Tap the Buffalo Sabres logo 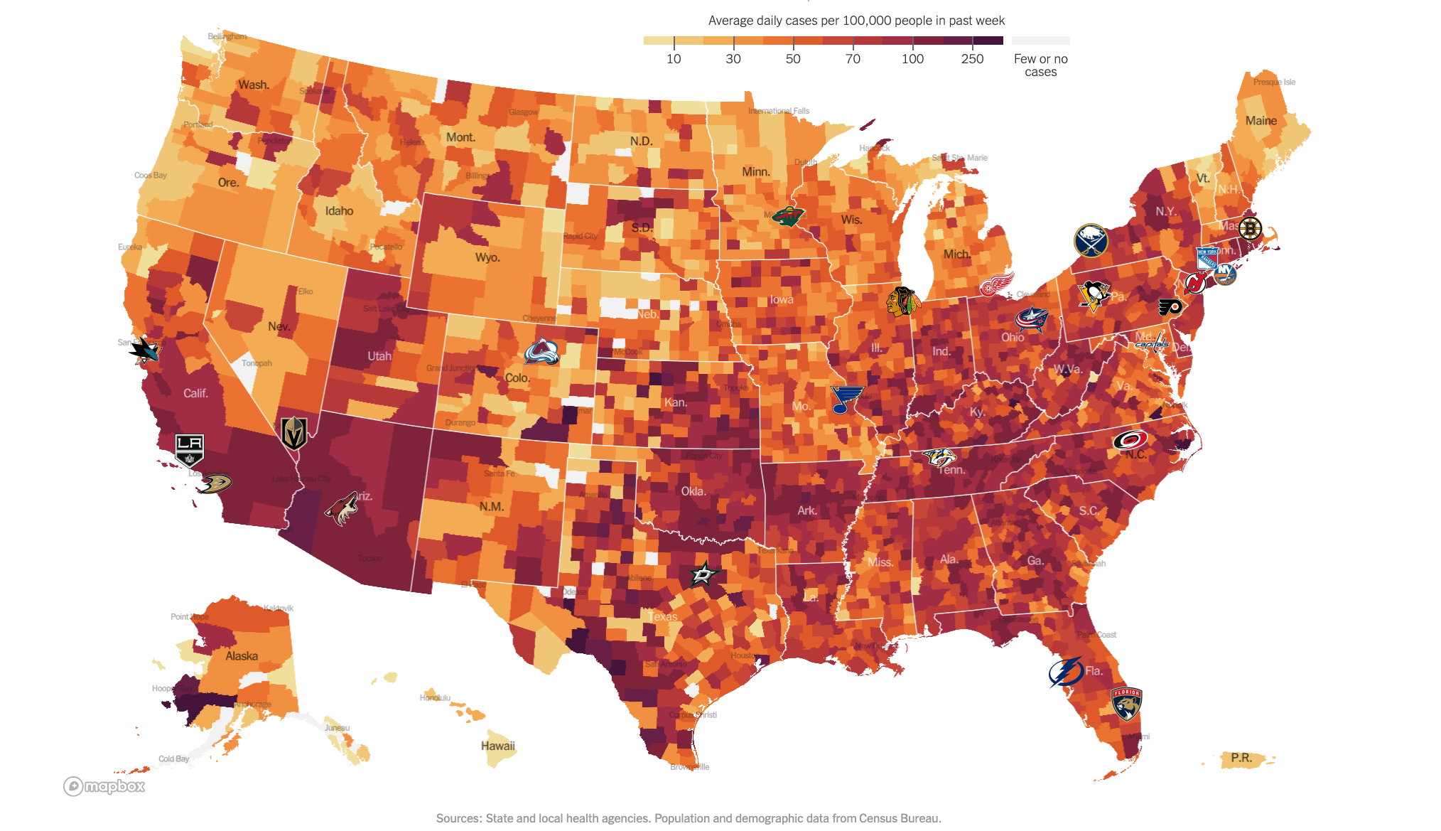pyautogui.click(x=1091, y=241)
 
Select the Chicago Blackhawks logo pyautogui.click(x=903, y=301)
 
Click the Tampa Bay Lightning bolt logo pyautogui.click(x=1066, y=672)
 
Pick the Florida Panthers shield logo pyautogui.click(x=1126, y=704)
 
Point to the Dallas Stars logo pyautogui.click(x=704, y=574)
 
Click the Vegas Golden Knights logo pyautogui.click(x=293, y=433)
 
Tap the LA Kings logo pyautogui.click(x=190, y=449)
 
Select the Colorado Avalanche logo pyautogui.click(x=541, y=353)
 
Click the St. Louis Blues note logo pyautogui.click(x=846, y=400)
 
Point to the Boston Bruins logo pyautogui.click(x=1250, y=228)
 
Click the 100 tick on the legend pyautogui.click(x=912, y=43)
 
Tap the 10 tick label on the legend pyautogui.click(x=674, y=59)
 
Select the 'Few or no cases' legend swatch pyautogui.click(x=1040, y=41)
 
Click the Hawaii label pyautogui.click(x=497, y=746)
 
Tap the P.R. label pyautogui.click(x=1241, y=758)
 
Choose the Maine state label pyautogui.click(x=1261, y=121)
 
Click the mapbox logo pyautogui.click(x=104, y=786)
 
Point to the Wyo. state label pyautogui.click(x=487, y=257)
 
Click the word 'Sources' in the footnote pyautogui.click(x=458, y=818)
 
